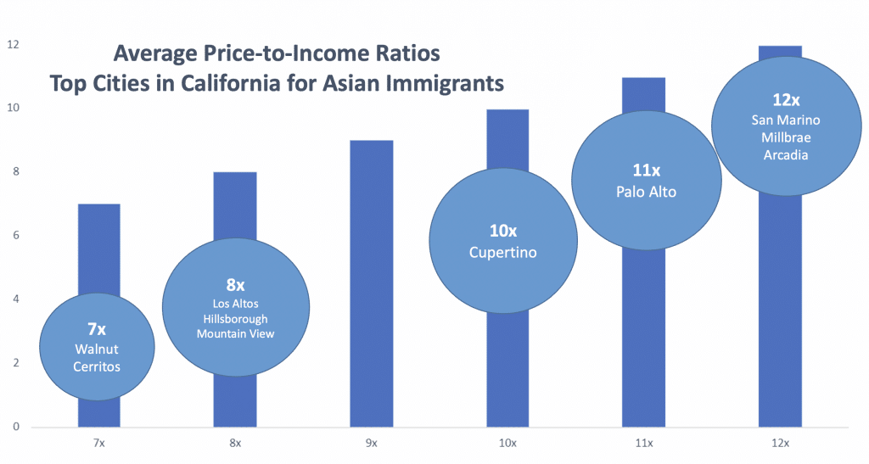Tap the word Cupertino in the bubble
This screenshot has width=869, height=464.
[503, 253]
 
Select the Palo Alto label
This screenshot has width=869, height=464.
[647, 192]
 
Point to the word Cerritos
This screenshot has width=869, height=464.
[98, 366]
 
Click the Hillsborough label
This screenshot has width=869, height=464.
[236, 318]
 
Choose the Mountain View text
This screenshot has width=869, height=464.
[236, 333]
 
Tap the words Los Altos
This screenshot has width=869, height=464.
[236, 303]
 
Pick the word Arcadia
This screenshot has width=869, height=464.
[783, 154]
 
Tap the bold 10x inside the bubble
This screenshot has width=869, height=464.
[503, 232]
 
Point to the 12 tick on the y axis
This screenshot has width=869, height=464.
[13, 44]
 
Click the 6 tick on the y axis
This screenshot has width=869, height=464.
[15, 235]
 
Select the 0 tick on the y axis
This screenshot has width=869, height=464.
[15, 427]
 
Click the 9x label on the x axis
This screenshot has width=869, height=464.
[371, 443]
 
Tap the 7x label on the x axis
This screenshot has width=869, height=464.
[98, 443]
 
